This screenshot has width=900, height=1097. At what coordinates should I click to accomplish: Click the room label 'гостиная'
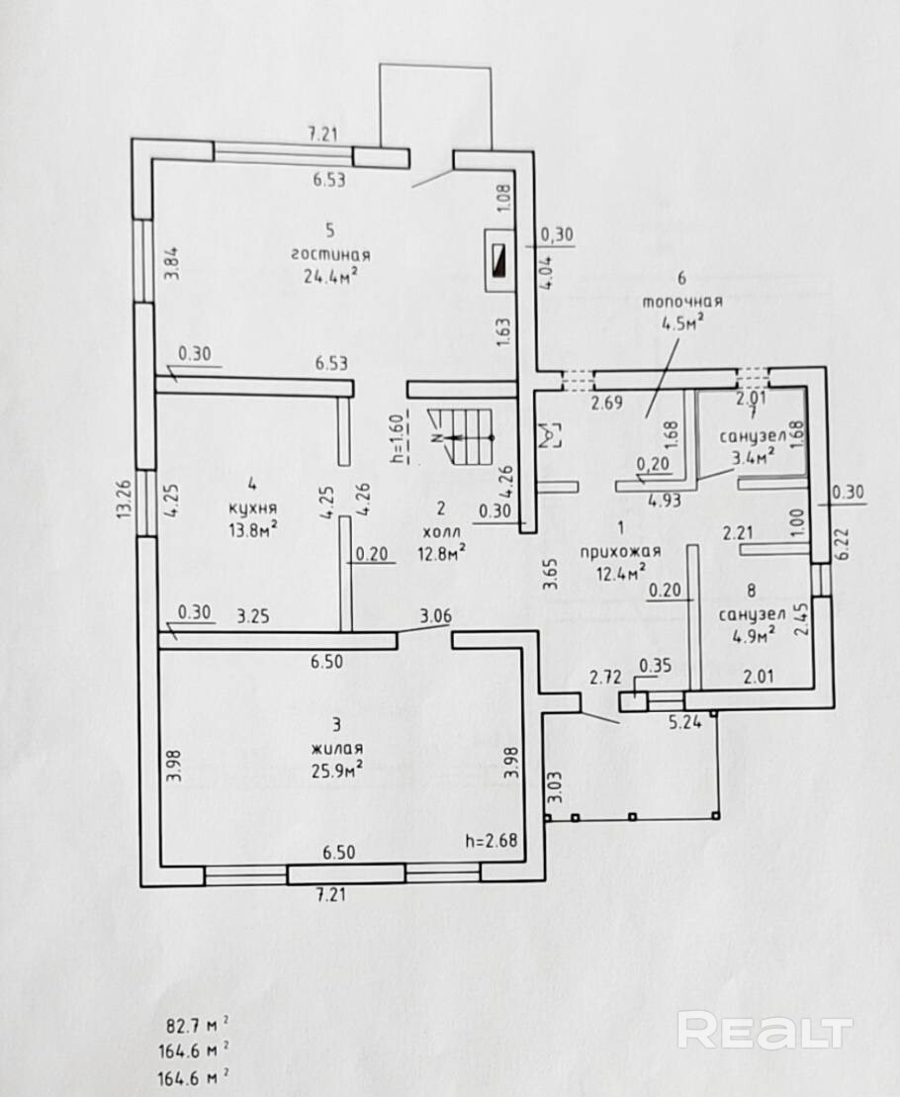point(330,254)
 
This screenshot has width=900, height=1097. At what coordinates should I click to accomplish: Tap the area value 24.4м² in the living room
point(330,276)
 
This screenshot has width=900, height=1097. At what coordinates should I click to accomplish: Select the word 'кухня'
point(253,507)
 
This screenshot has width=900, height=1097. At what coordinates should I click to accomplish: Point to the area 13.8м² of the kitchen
point(253,529)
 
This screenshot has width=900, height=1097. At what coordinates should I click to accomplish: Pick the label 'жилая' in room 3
point(337,749)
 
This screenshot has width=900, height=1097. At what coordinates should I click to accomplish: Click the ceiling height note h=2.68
point(492,840)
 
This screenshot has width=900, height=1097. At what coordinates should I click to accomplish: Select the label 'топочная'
point(681,303)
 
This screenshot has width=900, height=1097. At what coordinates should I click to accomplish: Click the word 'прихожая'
point(620,552)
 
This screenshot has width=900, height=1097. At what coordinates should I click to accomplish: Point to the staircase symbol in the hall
point(462,436)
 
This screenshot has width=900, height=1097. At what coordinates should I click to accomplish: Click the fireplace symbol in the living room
point(500,260)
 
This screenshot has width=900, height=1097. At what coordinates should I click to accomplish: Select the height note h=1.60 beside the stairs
point(398,438)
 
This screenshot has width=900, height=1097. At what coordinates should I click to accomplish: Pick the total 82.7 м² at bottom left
point(197,1026)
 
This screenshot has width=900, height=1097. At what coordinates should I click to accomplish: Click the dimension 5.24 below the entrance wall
point(685,723)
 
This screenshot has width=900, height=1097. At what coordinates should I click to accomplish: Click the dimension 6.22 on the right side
point(842,542)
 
